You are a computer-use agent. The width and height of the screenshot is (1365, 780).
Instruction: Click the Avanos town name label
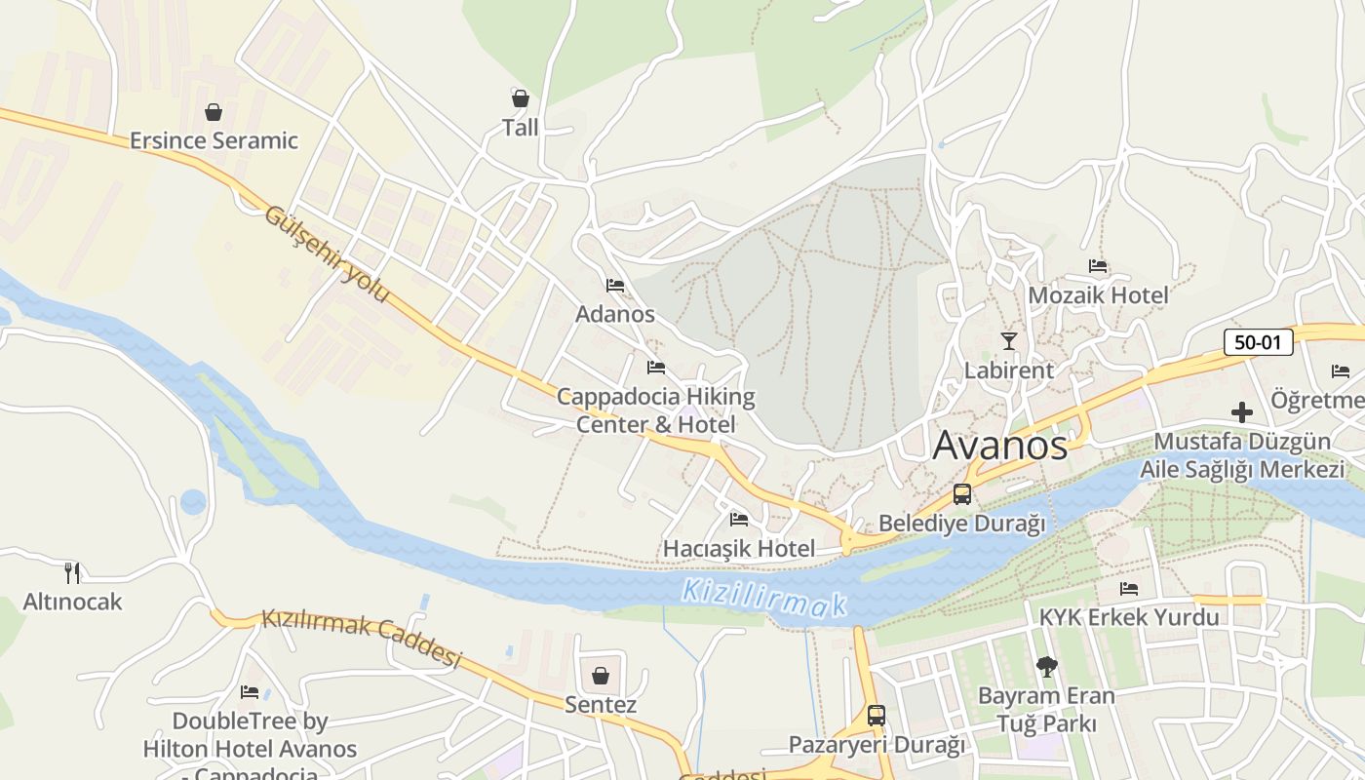(x=1000, y=446)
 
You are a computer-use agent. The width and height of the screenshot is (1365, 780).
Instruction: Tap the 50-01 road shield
(x=1258, y=342)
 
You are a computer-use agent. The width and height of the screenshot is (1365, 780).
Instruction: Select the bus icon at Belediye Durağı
(x=962, y=494)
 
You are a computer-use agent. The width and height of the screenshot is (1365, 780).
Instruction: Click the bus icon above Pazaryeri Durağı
(x=876, y=716)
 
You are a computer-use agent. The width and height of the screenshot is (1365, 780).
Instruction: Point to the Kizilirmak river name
(x=763, y=598)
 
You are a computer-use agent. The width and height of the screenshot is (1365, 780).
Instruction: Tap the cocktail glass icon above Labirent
(x=1008, y=340)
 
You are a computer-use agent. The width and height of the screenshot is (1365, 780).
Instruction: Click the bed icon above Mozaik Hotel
(x=1098, y=266)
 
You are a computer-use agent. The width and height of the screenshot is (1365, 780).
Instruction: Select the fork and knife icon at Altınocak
(x=72, y=572)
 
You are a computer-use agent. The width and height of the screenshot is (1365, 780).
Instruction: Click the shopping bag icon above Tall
(x=520, y=98)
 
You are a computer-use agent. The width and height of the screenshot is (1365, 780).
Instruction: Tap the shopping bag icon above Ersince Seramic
(x=213, y=112)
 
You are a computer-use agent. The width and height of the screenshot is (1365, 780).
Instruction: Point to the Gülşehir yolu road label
(x=327, y=254)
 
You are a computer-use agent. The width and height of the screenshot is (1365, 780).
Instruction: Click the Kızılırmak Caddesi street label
(x=361, y=639)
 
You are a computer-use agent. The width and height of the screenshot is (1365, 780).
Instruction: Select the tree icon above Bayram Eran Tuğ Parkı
(x=1046, y=667)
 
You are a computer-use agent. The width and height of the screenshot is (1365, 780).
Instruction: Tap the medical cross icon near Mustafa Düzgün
(x=1241, y=412)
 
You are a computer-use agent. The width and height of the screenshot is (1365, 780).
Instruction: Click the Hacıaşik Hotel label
(x=738, y=549)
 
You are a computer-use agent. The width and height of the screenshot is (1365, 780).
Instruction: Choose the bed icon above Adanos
(x=614, y=286)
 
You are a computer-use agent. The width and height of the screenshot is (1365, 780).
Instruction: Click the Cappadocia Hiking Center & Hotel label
(x=655, y=410)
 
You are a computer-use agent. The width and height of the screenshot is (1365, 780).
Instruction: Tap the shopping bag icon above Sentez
(x=601, y=676)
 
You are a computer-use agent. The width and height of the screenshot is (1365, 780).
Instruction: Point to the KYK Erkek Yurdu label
(x=1128, y=617)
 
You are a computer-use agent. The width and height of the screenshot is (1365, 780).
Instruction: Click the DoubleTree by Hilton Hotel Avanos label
(x=250, y=736)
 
